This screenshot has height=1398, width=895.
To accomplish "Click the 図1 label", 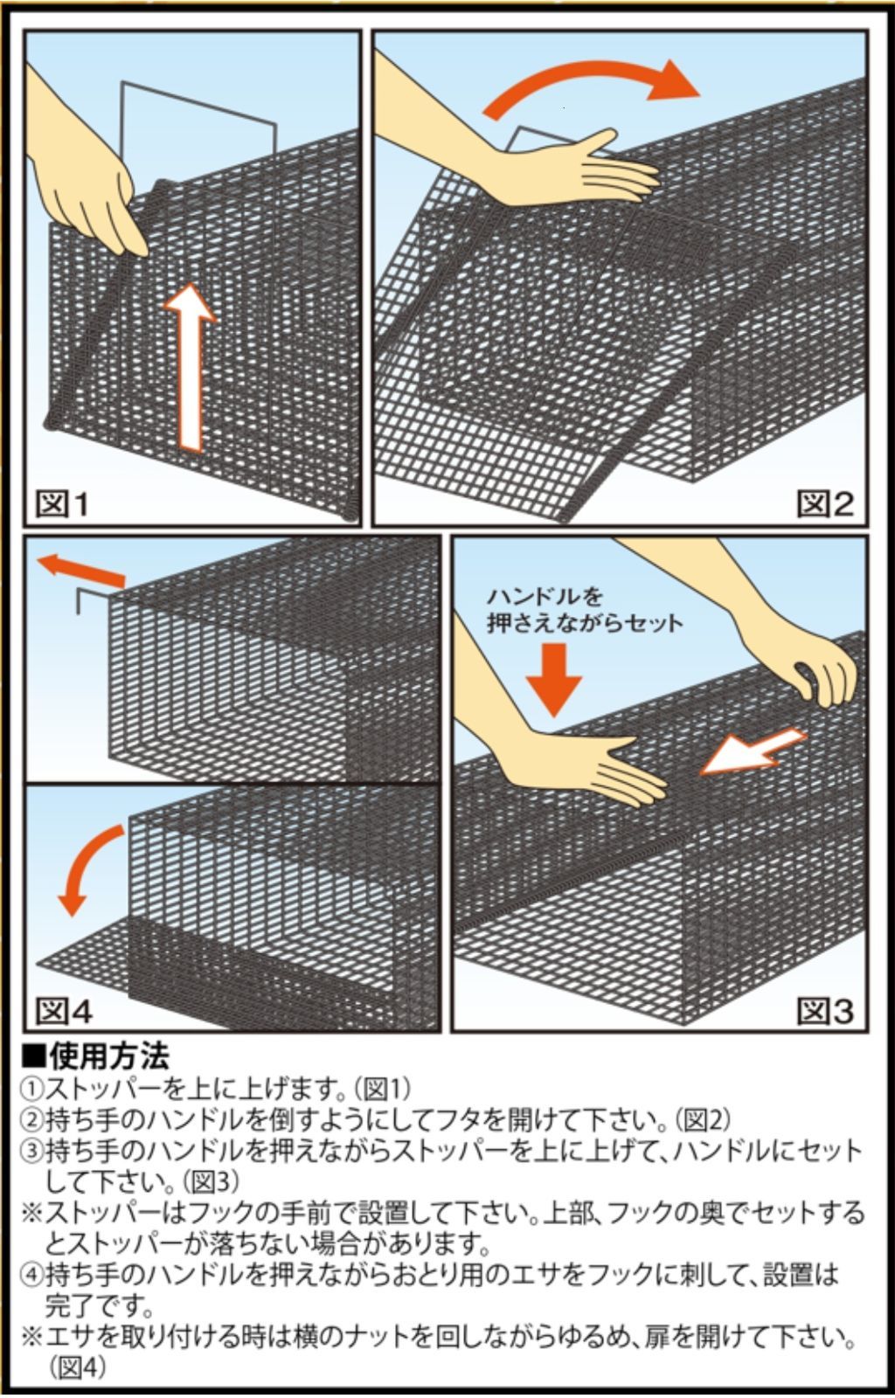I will click(x=62, y=504).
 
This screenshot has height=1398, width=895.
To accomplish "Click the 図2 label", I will click(x=824, y=504).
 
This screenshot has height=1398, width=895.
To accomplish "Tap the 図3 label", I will click(x=824, y=1011).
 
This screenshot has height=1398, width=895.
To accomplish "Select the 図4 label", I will click(x=63, y=1011).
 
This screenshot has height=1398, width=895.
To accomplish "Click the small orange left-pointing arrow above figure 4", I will click(x=83, y=570).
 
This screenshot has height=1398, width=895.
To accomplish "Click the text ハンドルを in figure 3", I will click(x=545, y=597).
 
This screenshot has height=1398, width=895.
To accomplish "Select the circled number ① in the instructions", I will click(x=31, y=1090).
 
